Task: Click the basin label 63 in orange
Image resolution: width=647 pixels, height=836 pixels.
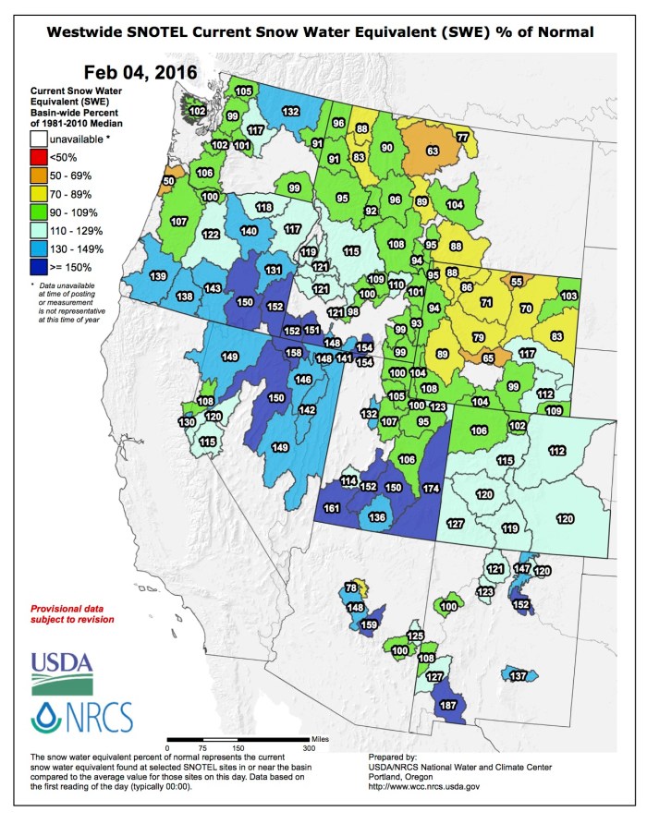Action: (431, 151)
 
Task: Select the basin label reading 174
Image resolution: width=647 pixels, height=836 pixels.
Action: (430, 487)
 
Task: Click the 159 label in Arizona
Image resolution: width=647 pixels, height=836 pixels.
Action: (369, 625)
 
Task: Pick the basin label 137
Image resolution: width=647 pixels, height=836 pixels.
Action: (518, 676)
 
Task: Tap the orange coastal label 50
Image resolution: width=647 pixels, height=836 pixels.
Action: (167, 181)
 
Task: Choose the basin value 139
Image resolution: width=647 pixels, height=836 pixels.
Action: (158, 277)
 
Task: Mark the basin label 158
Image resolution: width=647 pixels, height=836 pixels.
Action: (293, 353)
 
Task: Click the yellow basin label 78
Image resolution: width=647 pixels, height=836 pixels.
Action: (351, 588)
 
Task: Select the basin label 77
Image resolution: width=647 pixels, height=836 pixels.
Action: (462, 138)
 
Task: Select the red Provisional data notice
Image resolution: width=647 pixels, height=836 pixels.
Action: (73, 614)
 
